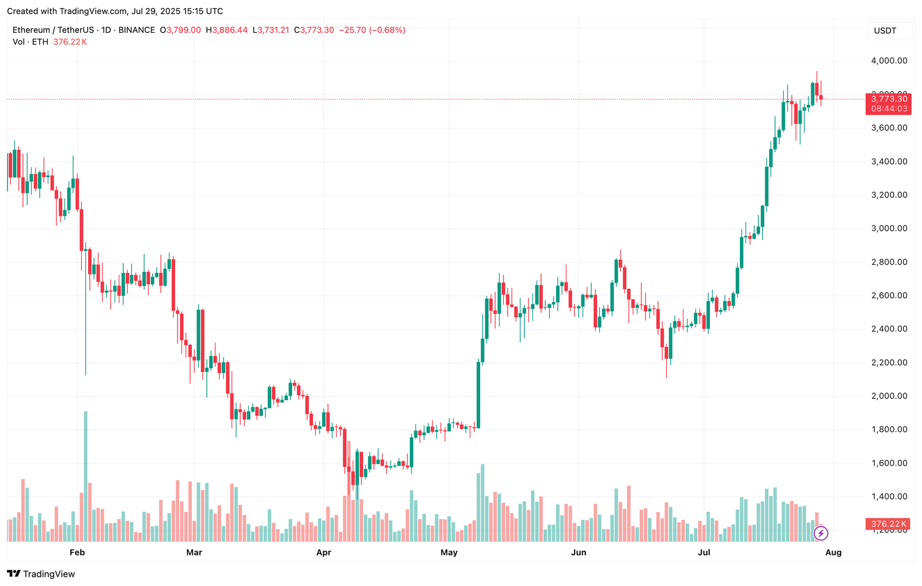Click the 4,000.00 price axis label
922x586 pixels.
click(889, 60)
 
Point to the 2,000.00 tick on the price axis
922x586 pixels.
click(889, 396)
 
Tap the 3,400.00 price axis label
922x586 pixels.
click(889, 161)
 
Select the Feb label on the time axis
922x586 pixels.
click(77, 553)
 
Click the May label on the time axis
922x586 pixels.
click(449, 553)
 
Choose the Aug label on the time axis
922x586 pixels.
click(833, 553)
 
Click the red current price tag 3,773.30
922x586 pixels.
click(889, 99)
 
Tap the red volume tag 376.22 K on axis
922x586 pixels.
click(889, 524)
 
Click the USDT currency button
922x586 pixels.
click(885, 31)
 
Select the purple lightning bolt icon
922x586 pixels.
click(821, 534)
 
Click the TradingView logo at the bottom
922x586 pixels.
click(41, 574)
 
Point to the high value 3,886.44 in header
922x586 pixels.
click(230, 30)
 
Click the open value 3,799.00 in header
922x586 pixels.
click(183, 30)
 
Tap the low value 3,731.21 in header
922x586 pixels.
click(273, 30)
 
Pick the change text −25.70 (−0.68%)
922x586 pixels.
click(372, 30)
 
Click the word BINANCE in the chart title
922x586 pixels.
click(137, 30)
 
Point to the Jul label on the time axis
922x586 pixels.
click(704, 553)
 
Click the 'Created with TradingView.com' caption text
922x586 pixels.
click(115, 11)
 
